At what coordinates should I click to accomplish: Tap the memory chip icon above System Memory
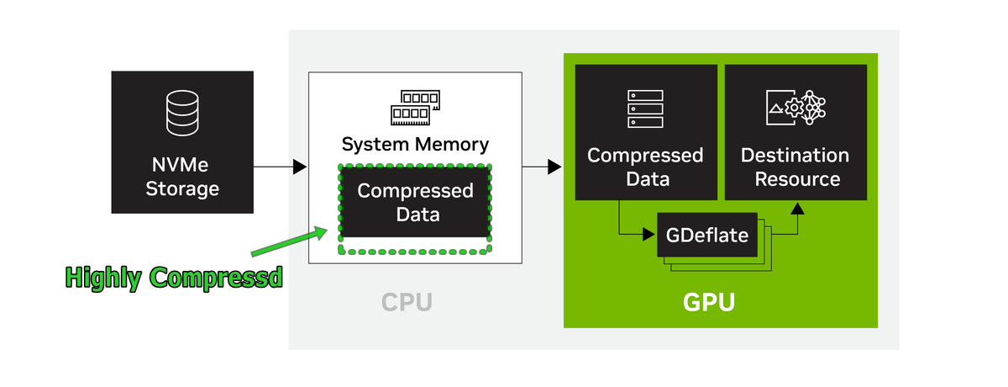(415, 104)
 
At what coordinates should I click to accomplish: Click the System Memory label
(415, 144)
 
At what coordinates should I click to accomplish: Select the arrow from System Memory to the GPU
(541, 167)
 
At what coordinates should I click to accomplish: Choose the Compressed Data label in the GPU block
(645, 167)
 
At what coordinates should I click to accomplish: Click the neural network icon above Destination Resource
(796, 108)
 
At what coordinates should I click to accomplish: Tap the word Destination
(795, 156)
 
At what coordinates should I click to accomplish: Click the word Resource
(797, 179)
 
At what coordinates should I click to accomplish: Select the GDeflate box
(706, 236)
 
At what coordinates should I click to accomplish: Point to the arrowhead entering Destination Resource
(795, 208)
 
